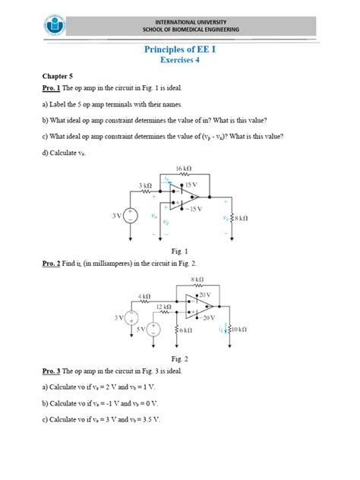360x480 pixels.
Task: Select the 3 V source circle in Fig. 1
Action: pos(130,216)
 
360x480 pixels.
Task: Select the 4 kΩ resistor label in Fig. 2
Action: pos(144,295)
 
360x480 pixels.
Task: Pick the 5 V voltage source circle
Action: pos(154,328)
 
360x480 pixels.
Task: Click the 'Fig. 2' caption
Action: pos(179,359)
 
